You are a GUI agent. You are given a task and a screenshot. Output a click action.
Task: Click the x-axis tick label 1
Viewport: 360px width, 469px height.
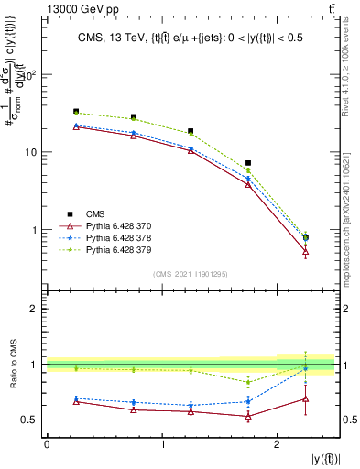point(162,444)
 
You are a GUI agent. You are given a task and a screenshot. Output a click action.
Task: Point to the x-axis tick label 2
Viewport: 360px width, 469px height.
point(278,444)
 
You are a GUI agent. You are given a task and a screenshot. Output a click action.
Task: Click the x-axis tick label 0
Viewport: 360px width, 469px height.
point(47,444)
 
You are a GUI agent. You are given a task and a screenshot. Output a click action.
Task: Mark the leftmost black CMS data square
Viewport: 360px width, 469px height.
point(76,111)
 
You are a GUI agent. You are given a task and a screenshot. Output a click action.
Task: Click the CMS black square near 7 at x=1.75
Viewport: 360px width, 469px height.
point(248,163)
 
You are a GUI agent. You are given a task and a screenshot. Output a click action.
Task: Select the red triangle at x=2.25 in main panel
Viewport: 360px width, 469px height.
point(306,251)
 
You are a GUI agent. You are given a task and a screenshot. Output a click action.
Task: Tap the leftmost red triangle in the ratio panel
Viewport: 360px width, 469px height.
point(76,401)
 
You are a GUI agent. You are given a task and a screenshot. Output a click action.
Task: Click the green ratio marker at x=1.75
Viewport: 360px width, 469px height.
point(248,382)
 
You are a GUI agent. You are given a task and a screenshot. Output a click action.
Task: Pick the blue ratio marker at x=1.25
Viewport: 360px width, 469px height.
point(191,405)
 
